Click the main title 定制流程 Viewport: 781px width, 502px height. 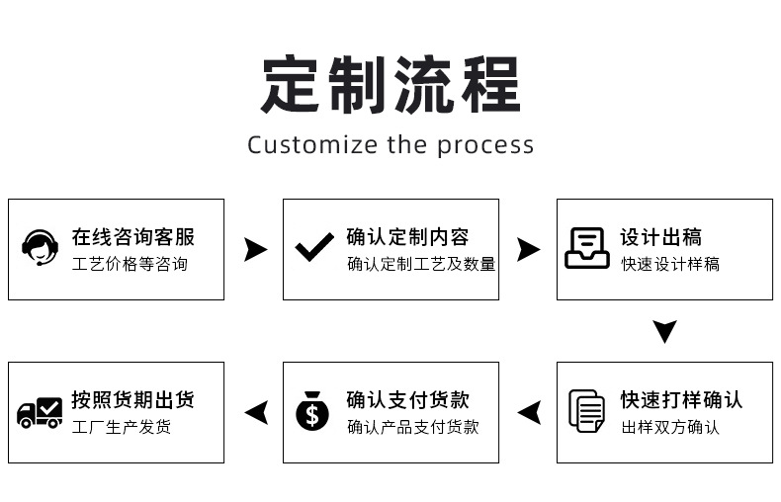(390, 85)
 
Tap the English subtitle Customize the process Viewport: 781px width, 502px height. (390, 145)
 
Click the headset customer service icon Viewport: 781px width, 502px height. (40, 247)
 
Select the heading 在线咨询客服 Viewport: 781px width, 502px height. (132, 237)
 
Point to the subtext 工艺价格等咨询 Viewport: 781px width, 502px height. (130, 265)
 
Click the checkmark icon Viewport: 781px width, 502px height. (314, 247)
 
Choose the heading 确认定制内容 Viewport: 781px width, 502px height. (407, 237)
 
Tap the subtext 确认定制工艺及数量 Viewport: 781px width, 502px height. (421, 265)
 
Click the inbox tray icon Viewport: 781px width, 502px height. (587, 248)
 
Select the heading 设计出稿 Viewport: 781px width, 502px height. (660, 237)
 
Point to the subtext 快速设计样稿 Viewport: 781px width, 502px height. (670, 265)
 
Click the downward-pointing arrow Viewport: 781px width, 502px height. (665, 331)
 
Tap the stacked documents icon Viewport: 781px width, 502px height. (587, 411)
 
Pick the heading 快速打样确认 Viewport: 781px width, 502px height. (681, 400)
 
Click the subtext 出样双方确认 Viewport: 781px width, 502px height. (670, 428)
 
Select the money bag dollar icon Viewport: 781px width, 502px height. (312, 411)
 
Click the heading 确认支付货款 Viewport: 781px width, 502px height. (407, 400)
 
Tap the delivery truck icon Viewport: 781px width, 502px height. (40, 411)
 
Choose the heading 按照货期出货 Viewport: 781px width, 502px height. (132, 400)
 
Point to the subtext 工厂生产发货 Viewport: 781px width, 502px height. (122, 428)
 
